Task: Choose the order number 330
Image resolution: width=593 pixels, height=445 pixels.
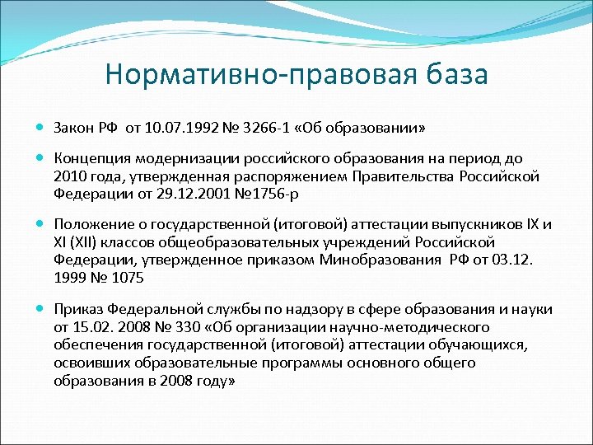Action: coord(191,327)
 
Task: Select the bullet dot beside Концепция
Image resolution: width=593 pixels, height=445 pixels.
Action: coord(40,157)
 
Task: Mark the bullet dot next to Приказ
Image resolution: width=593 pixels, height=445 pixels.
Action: coord(40,309)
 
